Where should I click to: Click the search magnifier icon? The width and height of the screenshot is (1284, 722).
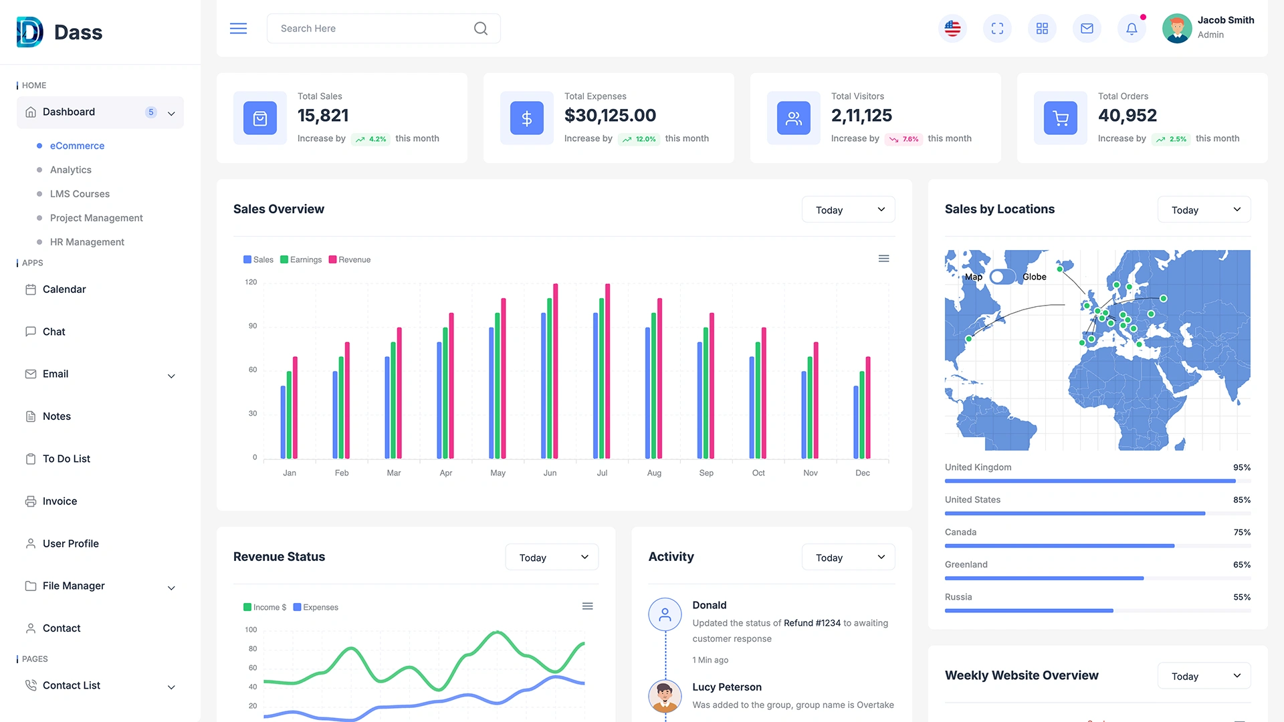click(x=480, y=29)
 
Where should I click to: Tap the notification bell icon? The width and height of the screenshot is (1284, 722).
click(x=1132, y=29)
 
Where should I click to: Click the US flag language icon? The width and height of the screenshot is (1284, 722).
click(x=952, y=29)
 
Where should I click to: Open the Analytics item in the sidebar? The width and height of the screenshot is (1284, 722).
click(x=71, y=170)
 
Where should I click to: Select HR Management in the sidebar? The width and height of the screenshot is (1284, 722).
click(x=87, y=242)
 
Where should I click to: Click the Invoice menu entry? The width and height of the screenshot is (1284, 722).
click(x=60, y=501)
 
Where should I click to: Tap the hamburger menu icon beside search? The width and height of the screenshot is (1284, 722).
click(x=238, y=29)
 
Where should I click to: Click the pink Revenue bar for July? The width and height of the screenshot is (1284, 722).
click(x=607, y=371)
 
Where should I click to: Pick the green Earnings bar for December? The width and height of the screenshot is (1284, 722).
click(x=862, y=414)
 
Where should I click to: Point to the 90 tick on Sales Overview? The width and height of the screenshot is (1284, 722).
click(x=253, y=326)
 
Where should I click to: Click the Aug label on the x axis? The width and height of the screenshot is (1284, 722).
click(x=654, y=473)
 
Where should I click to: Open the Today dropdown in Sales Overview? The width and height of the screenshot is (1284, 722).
click(x=848, y=210)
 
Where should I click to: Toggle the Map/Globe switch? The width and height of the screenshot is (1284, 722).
click(x=1002, y=277)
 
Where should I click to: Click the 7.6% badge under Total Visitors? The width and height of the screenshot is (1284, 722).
click(x=904, y=139)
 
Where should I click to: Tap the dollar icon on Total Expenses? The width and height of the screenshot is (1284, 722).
click(x=526, y=118)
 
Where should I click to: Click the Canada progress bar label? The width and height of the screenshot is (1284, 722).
click(x=960, y=532)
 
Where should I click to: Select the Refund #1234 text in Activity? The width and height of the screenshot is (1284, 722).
click(x=812, y=623)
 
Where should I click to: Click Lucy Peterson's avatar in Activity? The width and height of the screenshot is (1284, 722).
click(x=665, y=696)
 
